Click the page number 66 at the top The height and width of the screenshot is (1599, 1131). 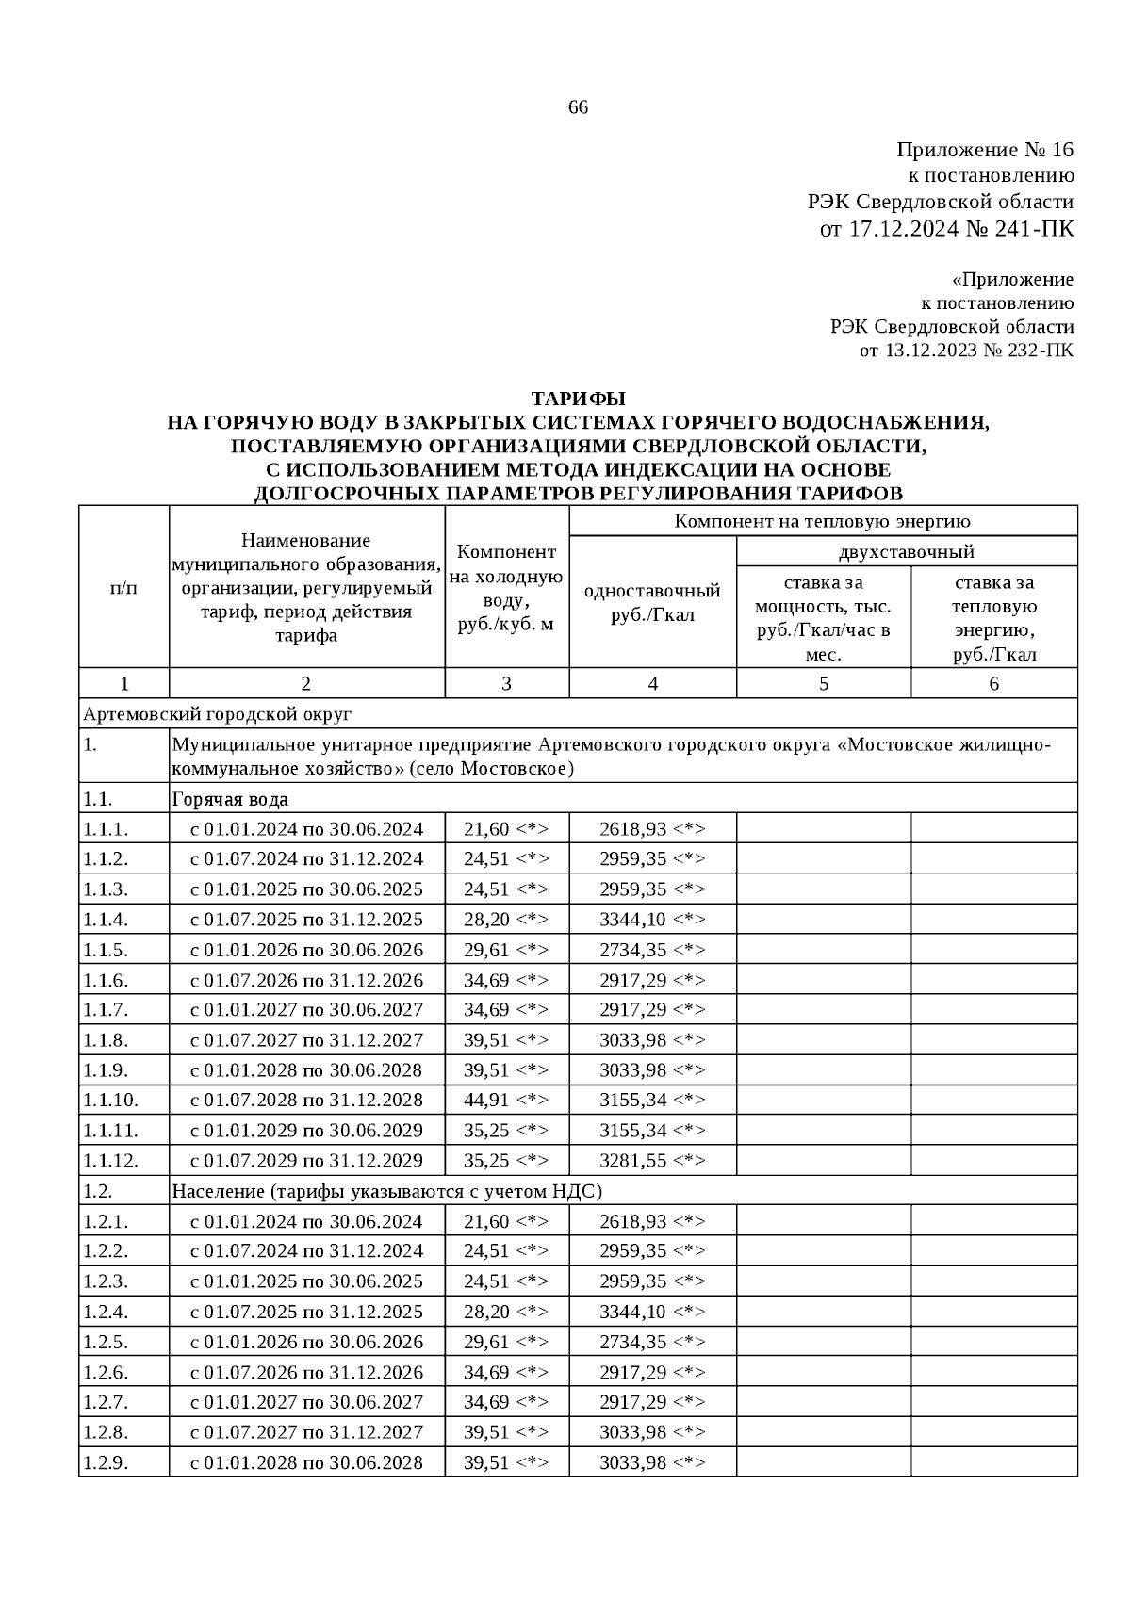click(x=578, y=107)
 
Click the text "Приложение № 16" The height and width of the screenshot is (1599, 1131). click(x=985, y=150)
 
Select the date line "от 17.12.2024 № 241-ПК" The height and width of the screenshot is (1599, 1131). click(x=947, y=229)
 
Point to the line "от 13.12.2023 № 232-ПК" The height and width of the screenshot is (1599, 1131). click(x=966, y=351)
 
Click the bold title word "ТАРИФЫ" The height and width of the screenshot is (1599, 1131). click(x=578, y=399)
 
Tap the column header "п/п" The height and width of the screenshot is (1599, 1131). click(x=123, y=588)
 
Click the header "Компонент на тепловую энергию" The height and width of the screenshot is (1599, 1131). click(x=822, y=521)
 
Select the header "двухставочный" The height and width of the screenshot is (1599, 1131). click(x=906, y=551)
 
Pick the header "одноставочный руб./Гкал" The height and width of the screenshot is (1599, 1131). click(x=652, y=602)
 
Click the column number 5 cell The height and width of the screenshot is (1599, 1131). click(x=823, y=683)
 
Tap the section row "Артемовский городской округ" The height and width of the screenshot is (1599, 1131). click(x=218, y=713)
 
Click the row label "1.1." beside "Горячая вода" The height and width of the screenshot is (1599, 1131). click(x=98, y=799)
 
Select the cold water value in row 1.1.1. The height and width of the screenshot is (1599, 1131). click(x=505, y=829)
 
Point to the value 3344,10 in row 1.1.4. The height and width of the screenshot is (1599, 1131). click(x=652, y=919)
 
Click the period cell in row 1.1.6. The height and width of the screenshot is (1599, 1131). click(x=306, y=979)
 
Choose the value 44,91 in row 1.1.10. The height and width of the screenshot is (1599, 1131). click(x=505, y=1100)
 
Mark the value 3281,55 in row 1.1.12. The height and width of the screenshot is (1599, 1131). click(x=652, y=1160)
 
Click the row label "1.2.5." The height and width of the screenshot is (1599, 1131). click(x=106, y=1341)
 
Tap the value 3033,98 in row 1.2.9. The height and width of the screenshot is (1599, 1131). click(x=652, y=1461)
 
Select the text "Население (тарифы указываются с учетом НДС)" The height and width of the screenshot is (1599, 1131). click(x=386, y=1190)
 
